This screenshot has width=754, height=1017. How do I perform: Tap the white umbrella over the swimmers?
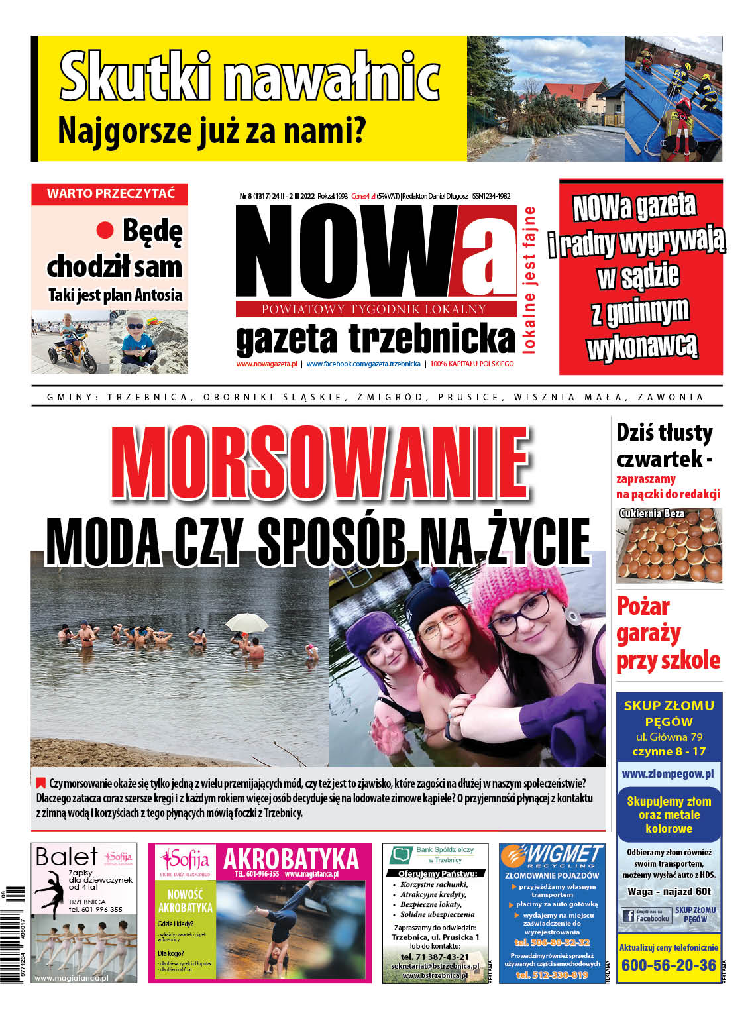pyautogui.click(x=246, y=622)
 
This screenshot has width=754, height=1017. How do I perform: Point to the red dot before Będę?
pyautogui.click(x=105, y=231)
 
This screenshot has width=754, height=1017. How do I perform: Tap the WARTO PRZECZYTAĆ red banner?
pyautogui.click(x=110, y=194)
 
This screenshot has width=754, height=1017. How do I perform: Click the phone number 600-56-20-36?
pyautogui.click(x=669, y=965)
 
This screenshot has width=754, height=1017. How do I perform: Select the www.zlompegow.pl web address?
pyautogui.click(x=668, y=773)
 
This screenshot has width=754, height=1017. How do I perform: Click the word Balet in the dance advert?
pyautogui.click(x=66, y=857)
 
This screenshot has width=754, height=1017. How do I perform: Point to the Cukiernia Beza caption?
pyautogui.click(x=652, y=513)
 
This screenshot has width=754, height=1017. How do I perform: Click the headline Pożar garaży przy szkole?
pyautogui.click(x=667, y=633)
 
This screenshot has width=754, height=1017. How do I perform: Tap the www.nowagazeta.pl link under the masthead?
pyautogui.click(x=266, y=364)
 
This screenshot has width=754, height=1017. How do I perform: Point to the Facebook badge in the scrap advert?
pyautogui.click(x=646, y=916)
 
